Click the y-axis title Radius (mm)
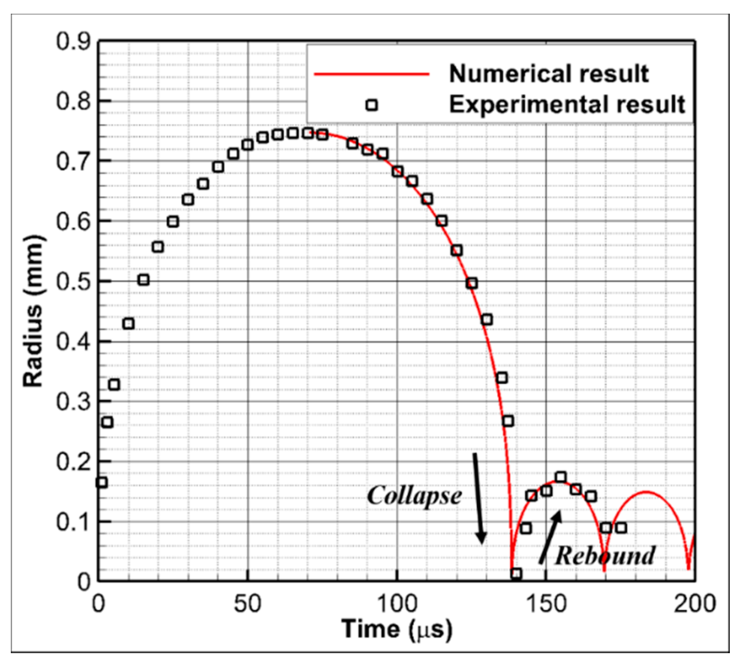(34, 311)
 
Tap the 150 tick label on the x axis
(546, 603)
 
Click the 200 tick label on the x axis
(695, 603)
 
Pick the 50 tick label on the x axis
(247, 603)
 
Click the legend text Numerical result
(549, 74)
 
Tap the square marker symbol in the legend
(372, 105)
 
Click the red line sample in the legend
(372, 74)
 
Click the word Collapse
(414, 496)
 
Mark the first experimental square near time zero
(101, 483)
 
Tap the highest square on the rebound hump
(561, 477)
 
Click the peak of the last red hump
(646, 492)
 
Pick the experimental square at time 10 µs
(129, 324)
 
